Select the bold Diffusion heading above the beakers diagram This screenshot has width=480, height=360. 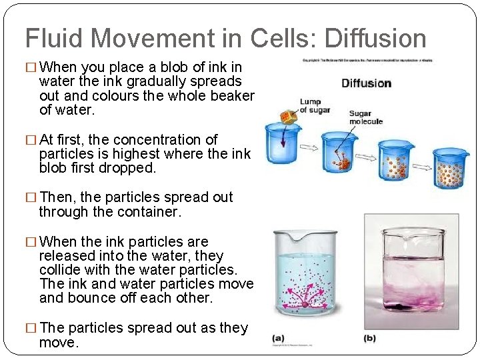pyautogui.click(x=366, y=83)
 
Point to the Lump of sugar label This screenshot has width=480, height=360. pyautogui.click(x=314, y=105)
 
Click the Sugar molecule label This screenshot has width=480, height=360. pyautogui.click(x=365, y=117)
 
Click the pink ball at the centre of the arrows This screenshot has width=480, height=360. pyautogui.click(x=306, y=304)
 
